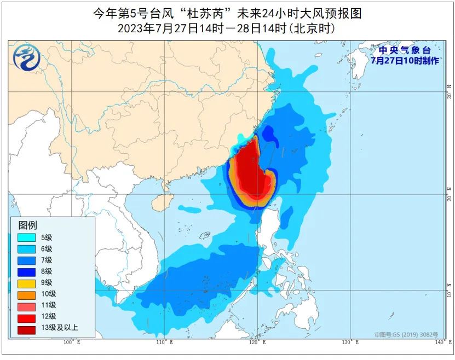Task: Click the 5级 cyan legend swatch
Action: pos(26,237)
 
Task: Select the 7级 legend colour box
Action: pos(26,260)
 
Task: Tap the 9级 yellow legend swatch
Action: pos(26,282)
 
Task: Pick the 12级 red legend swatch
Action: pos(26,316)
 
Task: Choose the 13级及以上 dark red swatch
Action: pos(26,328)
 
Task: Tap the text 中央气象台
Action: pos(405,51)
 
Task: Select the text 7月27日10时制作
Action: pos(405,61)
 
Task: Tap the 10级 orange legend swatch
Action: pos(26,294)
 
